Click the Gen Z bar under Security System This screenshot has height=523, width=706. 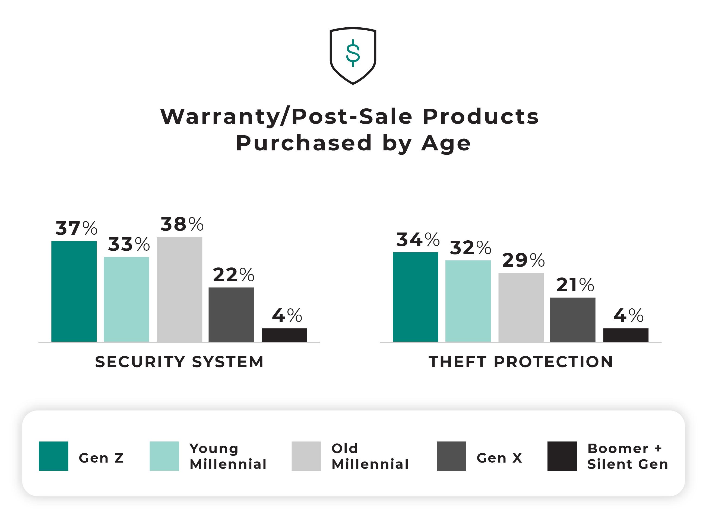[x=74, y=291]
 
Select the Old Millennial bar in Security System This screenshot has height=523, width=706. [x=179, y=289]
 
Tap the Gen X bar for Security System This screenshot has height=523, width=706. [x=231, y=314]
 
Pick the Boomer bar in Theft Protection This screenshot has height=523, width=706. [x=625, y=335]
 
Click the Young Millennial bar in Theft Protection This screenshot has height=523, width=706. [x=468, y=301]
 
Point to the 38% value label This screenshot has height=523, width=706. [x=182, y=224]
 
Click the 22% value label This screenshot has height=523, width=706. [x=233, y=275]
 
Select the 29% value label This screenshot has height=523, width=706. [x=523, y=260]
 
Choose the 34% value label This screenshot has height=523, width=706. [x=418, y=240]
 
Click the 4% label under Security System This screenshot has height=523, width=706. [x=287, y=316]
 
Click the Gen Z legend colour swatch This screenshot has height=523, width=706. [x=53, y=456]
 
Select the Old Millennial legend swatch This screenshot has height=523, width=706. [x=306, y=456]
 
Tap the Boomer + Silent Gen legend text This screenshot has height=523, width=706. [x=627, y=456]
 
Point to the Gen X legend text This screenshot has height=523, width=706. [x=499, y=458]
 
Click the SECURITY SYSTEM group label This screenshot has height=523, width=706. [x=179, y=362]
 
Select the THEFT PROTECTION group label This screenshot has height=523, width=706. [x=521, y=362]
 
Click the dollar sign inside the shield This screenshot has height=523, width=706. [x=353, y=53]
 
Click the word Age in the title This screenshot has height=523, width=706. [x=446, y=143]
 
